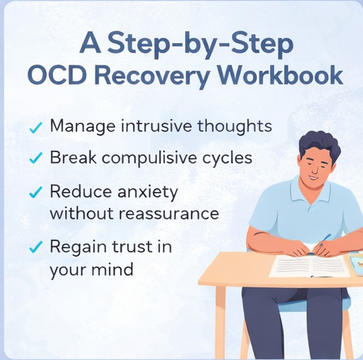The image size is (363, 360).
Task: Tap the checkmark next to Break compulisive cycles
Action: tap(35, 159)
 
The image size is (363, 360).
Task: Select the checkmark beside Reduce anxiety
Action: tap(35, 192)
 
